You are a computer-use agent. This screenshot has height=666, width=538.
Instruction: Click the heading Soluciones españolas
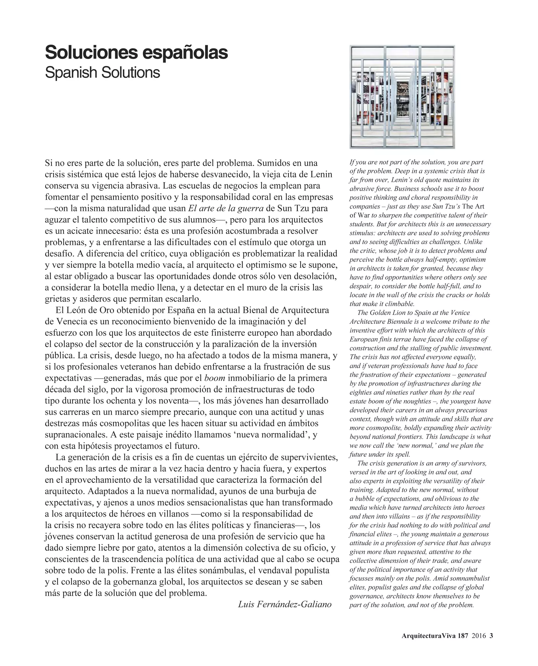point(136,53)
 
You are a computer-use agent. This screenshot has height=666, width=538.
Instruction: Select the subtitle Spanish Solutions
point(102,73)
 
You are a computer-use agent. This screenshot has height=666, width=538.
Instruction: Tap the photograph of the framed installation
point(402,97)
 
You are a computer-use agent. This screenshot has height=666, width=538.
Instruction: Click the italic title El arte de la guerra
point(226,208)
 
